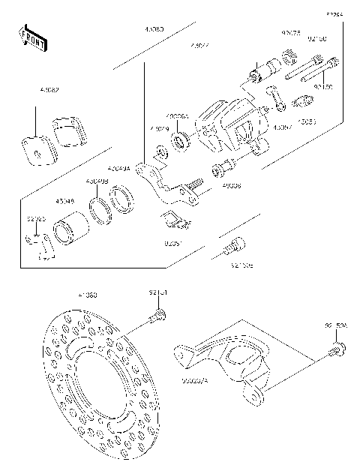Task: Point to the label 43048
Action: point(64,200)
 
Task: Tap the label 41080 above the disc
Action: point(87,295)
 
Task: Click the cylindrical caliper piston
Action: point(71,224)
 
